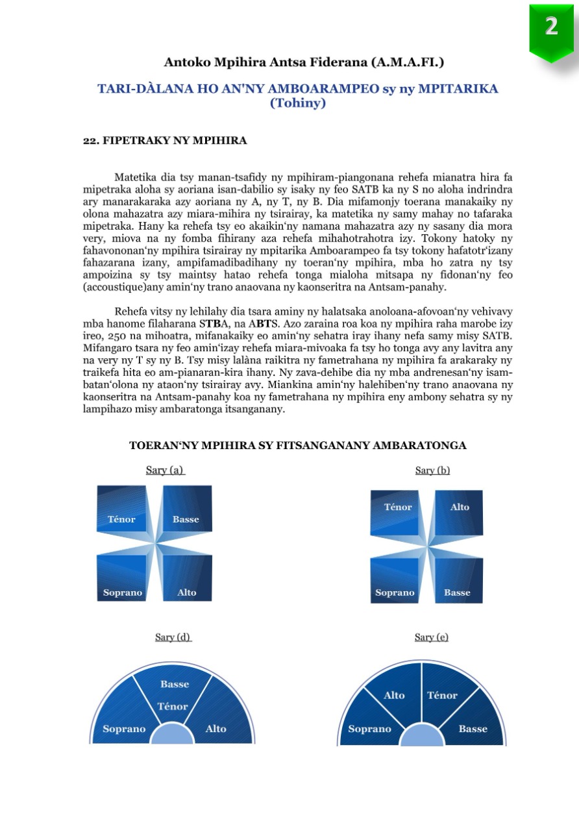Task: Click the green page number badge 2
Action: tap(551, 27)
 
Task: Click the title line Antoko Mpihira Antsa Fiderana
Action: tap(304, 63)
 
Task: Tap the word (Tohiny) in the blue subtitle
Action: tap(297, 103)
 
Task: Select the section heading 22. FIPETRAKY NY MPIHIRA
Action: tap(165, 141)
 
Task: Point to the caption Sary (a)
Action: tap(166, 471)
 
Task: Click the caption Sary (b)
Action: tap(432, 471)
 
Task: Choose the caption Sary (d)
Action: tap(173, 637)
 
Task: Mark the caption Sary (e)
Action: tap(432, 637)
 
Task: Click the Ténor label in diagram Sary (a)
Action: tap(121, 519)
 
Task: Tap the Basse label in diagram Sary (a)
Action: tap(186, 519)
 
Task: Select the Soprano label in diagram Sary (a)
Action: tap(123, 593)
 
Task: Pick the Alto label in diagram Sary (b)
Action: tap(460, 507)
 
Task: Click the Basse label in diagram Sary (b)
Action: tap(457, 593)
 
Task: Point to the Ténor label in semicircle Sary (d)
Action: tap(173, 706)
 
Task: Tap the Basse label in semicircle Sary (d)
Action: tap(175, 684)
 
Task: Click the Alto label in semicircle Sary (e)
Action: tap(394, 695)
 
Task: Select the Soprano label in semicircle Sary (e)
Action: tap(369, 729)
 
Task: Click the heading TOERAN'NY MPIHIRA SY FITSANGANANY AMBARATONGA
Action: tap(298, 446)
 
